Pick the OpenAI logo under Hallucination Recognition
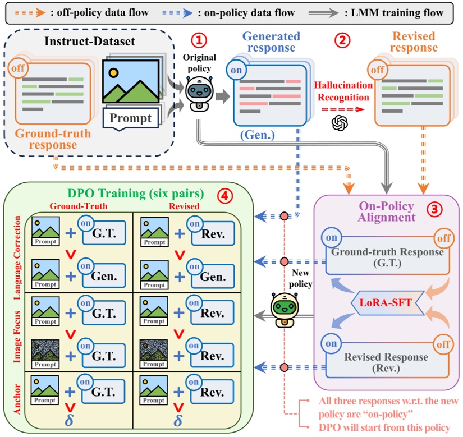point(340,122)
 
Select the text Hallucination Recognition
point(343,90)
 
